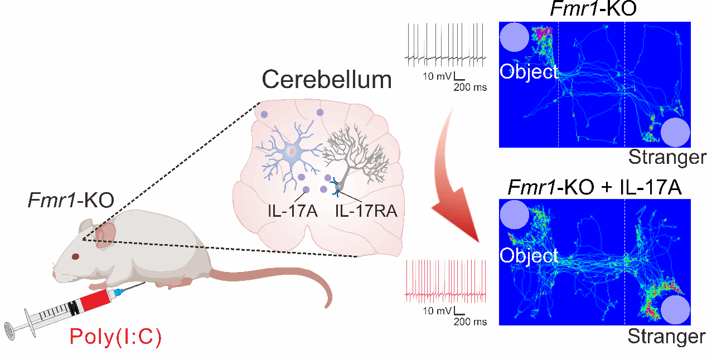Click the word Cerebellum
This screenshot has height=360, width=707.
[x=327, y=80]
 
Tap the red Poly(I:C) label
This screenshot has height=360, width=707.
[x=115, y=337]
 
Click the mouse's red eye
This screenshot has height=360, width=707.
[x=75, y=257]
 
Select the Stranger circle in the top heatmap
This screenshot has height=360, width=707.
[x=675, y=133]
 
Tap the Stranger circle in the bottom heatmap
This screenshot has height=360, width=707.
[x=675, y=309]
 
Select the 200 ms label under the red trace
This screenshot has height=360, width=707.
[x=469, y=322]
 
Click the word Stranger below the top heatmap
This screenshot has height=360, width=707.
[x=667, y=158]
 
